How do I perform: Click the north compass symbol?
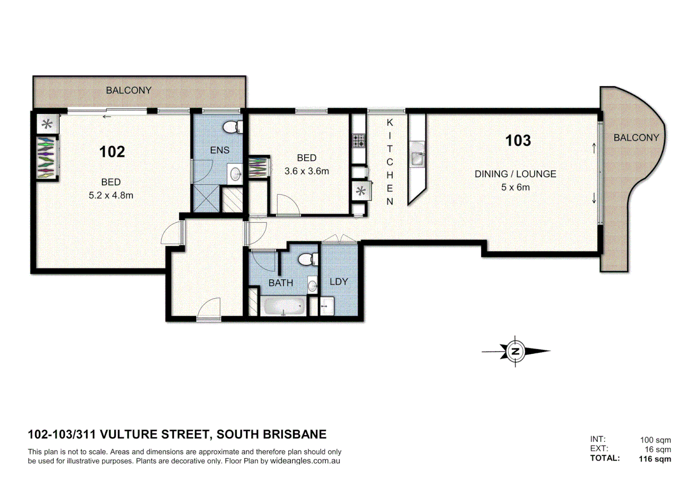[515, 351]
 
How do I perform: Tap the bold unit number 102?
[112, 152]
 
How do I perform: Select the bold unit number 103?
[518, 141]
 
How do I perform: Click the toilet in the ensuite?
[232, 127]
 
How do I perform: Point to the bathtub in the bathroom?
[283, 307]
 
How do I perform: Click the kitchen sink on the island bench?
[417, 157]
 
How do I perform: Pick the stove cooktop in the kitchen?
[358, 141]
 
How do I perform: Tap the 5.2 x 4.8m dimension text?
[111, 195]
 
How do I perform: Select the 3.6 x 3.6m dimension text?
[307, 171]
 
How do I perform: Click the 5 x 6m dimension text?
[515, 187]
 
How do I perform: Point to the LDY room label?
[339, 282]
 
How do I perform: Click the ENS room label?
[220, 150]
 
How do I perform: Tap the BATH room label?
[281, 283]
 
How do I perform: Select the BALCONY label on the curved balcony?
[636, 138]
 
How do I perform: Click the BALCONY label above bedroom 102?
[129, 90]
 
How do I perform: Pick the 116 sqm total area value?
[654, 459]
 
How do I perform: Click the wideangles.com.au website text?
[305, 461]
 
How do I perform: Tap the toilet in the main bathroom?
[308, 260]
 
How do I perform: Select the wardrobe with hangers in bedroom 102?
[46, 157]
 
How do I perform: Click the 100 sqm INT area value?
[655, 440]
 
